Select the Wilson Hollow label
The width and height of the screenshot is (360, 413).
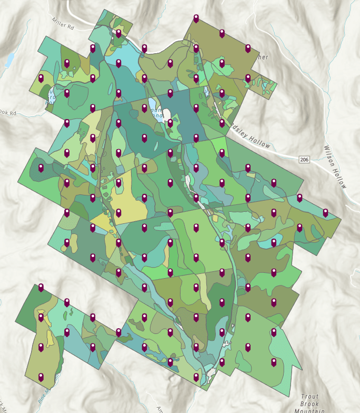[x=335, y=166]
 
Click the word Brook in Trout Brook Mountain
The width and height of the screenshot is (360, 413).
[x=311, y=403]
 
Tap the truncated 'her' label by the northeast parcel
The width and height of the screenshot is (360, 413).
[x=262, y=57]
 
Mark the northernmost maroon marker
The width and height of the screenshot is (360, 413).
[x=196, y=18]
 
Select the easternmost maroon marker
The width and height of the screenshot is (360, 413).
[x=325, y=212]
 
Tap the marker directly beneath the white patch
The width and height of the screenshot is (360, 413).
[x=170, y=123]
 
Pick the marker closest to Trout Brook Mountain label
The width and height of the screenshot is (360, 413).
[x=274, y=362]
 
